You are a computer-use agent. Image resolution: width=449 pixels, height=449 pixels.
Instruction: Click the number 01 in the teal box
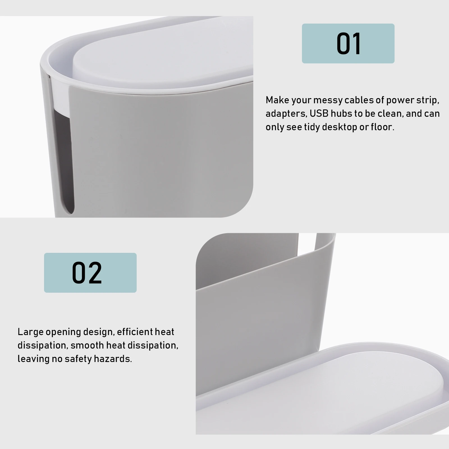(x=349, y=44)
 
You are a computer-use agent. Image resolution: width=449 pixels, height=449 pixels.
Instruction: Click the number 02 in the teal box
(x=87, y=273)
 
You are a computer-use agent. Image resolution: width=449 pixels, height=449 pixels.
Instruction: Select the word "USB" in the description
(x=319, y=114)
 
